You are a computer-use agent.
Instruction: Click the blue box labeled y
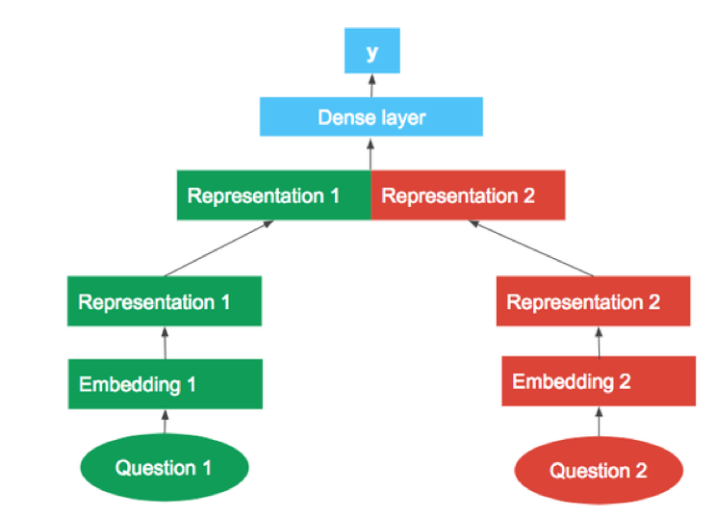371,50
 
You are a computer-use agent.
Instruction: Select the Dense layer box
371,116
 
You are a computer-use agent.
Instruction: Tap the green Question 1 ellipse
164,468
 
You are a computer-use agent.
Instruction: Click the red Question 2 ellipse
599,471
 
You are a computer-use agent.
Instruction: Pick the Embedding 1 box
165,384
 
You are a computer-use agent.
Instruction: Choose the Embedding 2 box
598,381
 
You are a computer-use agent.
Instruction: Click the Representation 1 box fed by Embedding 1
165,301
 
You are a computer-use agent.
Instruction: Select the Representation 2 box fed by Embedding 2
594,302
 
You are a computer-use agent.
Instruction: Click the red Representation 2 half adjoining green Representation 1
468,195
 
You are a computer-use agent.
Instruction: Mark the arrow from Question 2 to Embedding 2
598,421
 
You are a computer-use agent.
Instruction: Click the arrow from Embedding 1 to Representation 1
165,342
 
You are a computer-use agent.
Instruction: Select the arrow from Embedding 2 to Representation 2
598,342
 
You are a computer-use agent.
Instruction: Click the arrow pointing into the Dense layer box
370,154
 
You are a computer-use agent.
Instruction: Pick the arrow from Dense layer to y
370,85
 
